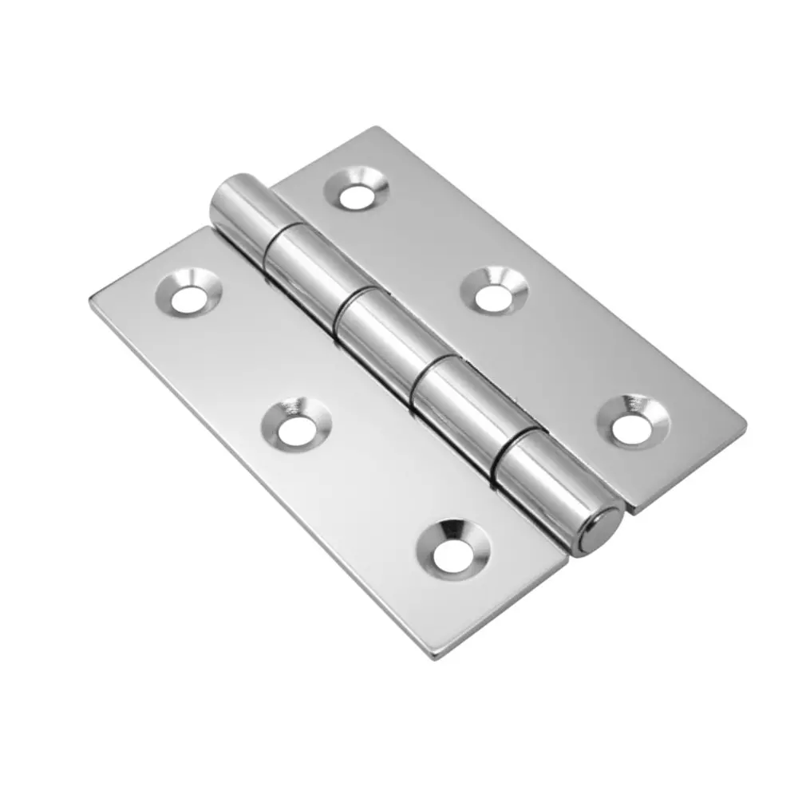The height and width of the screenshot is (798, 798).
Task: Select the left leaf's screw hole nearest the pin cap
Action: click(453, 548)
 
